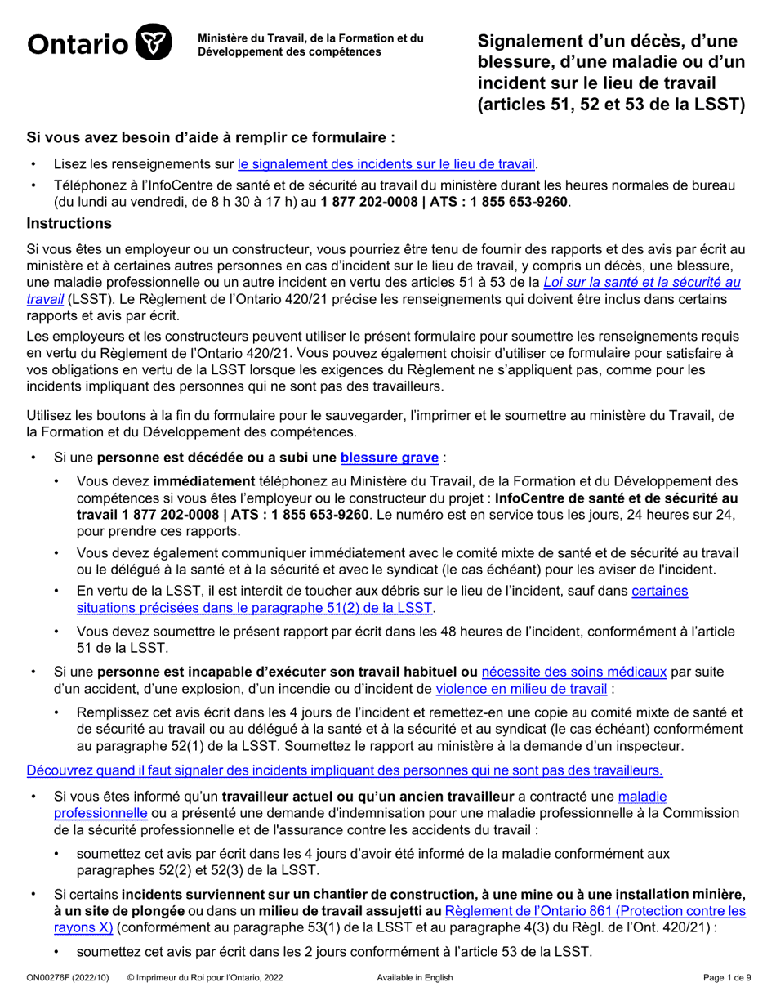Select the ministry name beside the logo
pyautogui.click(x=310, y=45)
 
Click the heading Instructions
pyautogui.click(x=69, y=222)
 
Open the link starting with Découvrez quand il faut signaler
pyautogui.click(x=345, y=770)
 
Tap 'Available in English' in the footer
pyautogui.click(x=414, y=978)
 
